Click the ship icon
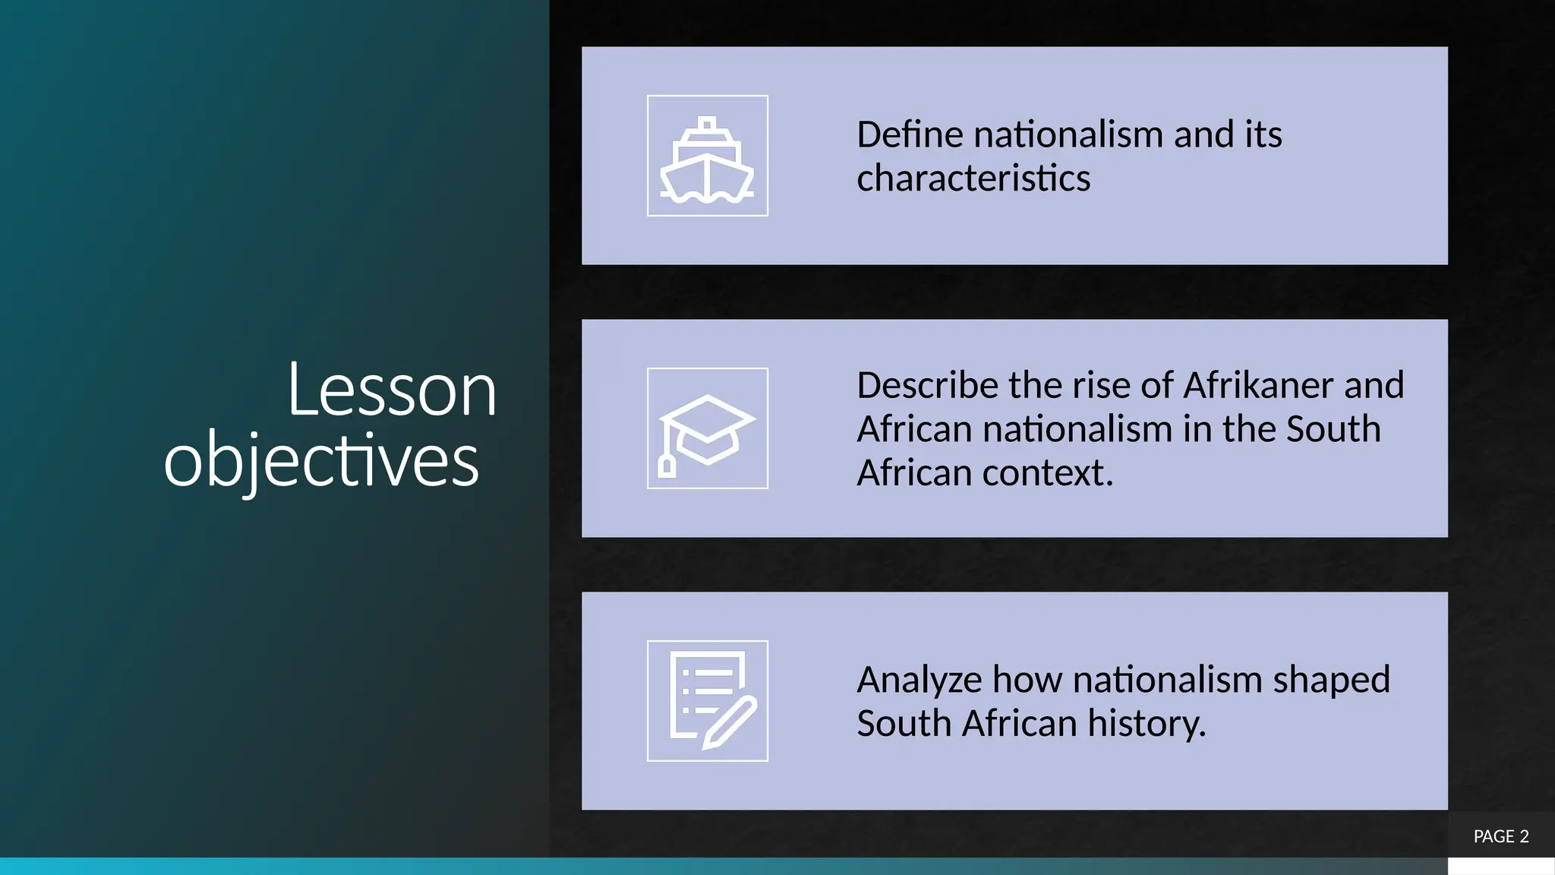click(x=707, y=157)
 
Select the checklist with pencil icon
click(x=707, y=700)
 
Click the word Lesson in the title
click(x=392, y=391)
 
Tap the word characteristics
click(x=973, y=179)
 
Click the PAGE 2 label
click(x=1500, y=836)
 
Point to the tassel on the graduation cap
click(x=667, y=465)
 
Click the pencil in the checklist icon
click(x=729, y=722)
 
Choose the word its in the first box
click(x=1262, y=135)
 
